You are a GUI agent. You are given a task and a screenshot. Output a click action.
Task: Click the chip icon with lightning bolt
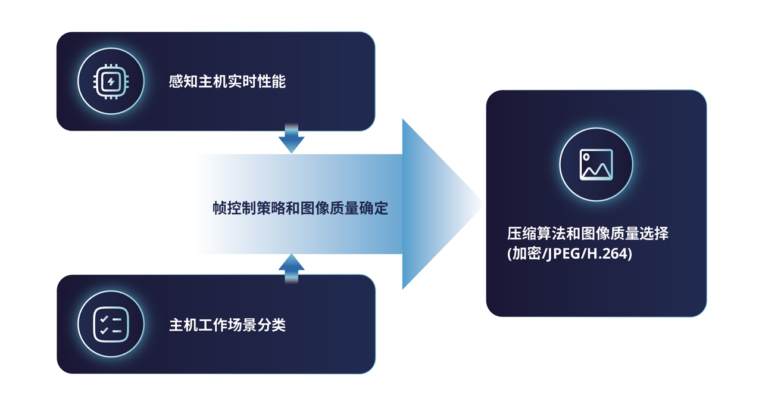pyautogui.click(x=111, y=81)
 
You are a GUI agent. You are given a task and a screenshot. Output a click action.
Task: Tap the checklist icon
pyautogui.click(x=111, y=324)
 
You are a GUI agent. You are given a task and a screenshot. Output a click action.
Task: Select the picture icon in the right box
pyautogui.click(x=596, y=164)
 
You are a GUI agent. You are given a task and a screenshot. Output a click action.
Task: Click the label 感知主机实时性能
pyautogui.click(x=227, y=82)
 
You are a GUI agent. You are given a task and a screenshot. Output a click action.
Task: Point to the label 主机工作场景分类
pyautogui.click(x=227, y=325)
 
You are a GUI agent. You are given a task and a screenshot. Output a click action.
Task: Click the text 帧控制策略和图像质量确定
pyautogui.click(x=300, y=208)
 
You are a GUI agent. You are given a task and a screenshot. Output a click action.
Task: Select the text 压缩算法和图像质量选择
pyautogui.click(x=588, y=233)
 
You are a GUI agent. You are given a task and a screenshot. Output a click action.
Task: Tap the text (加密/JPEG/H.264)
pyautogui.click(x=569, y=254)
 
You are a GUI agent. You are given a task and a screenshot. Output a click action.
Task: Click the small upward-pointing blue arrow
pyautogui.click(x=291, y=267)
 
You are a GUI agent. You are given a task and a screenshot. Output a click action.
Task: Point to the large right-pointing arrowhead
pyautogui.click(x=441, y=204)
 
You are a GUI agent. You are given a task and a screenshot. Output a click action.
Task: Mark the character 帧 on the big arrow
pyautogui.click(x=220, y=208)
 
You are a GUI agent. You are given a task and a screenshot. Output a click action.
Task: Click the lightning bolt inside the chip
pyautogui.click(x=111, y=81)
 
